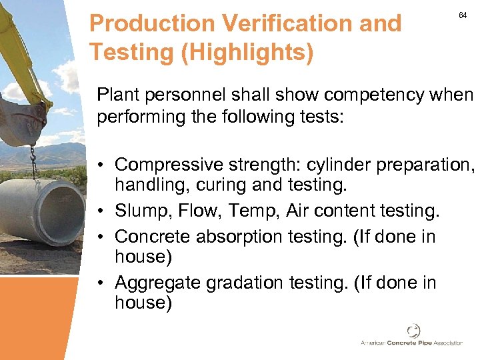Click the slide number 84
pyautogui.click(x=463, y=15)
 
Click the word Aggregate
pyautogui.click(x=158, y=283)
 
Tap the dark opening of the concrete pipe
pyautogui.click(x=64, y=212)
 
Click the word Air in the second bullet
pyautogui.click(x=298, y=211)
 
